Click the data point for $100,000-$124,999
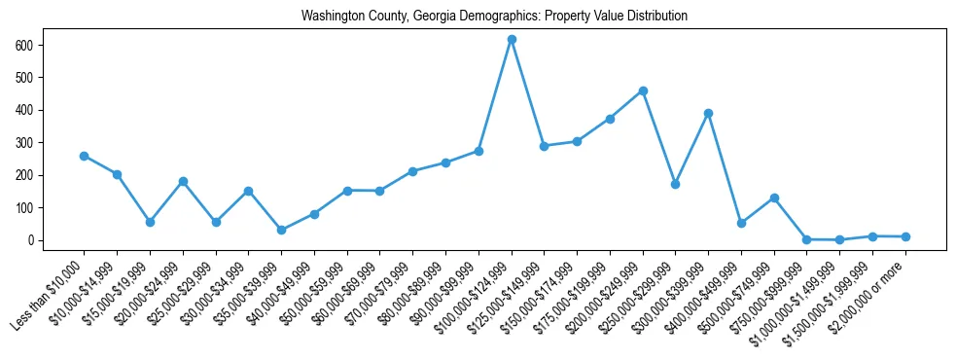click(512, 40)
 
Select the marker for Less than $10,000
click(84, 156)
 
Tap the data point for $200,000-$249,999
click(643, 91)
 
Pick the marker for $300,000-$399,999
click(708, 114)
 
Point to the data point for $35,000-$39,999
click(281, 231)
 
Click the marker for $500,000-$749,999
click(774, 198)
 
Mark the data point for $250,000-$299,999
click(676, 184)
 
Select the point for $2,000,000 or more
click(905, 236)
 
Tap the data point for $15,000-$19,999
click(150, 222)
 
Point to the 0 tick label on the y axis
click(31, 240)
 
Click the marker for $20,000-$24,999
click(183, 181)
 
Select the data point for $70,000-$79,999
click(412, 171)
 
